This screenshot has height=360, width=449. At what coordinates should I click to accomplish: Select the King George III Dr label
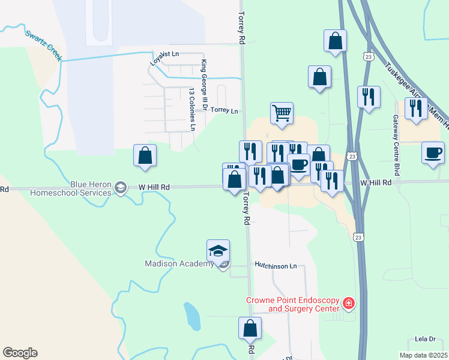pyautogui.click(x=205, y=81)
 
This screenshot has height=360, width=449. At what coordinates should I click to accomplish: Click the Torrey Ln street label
pyautogui.click(x=224, y=111)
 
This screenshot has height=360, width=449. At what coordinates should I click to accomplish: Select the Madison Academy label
pyautogui.click(x=179, y=263)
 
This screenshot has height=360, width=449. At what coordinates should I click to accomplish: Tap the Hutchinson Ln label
pyautogui.click(x=276, y=265)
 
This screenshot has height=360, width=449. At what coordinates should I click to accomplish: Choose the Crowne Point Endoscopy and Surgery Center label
pyautogui.click(x=292, y=305)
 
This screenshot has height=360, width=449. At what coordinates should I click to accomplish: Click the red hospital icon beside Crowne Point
pyautogui.click(x=348, y=305)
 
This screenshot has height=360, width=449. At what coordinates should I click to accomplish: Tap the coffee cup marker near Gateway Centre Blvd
pyautogui.click(x=433, y=152)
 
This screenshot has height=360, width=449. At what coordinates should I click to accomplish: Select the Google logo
pyautogui.click(x=20, y=353)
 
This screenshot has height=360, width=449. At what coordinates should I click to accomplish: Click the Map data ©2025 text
pyautogui.click(x=423, y=355)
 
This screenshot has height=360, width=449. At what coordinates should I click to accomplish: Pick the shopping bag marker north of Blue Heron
pyautogui.click(x=144, y=155)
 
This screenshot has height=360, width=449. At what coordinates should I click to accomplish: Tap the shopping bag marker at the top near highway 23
pyautogui.click(x=336, y=41)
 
